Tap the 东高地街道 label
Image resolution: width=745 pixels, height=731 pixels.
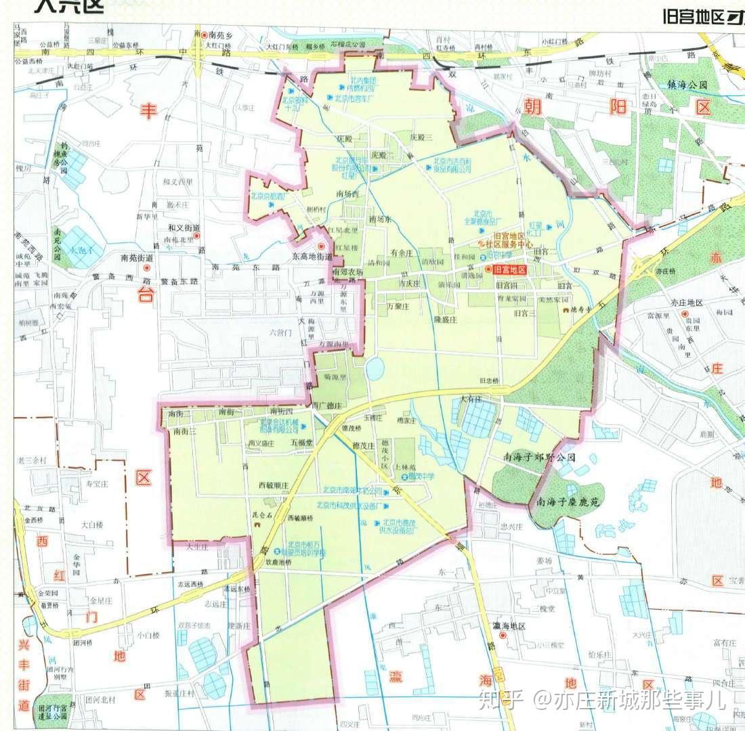(x=312, y=257)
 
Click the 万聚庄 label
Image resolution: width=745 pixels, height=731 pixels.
(x=399, y=306)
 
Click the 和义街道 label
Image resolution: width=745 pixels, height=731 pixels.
(x=184, y=228)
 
